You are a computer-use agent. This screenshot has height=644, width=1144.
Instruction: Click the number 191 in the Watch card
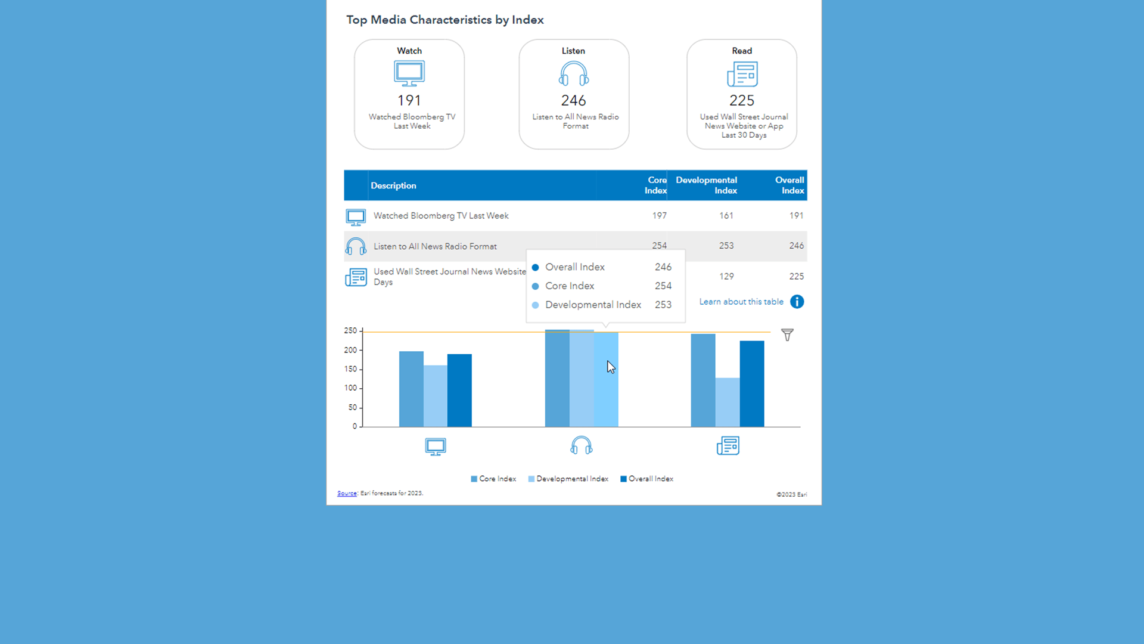[409, 100]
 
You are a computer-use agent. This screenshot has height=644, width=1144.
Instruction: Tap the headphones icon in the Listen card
[574, 74]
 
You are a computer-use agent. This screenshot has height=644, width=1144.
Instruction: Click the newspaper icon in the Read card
[742, 75]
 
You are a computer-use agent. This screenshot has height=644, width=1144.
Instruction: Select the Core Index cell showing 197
[659, 216]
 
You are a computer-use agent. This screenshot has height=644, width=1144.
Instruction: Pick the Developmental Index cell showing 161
[726, 216]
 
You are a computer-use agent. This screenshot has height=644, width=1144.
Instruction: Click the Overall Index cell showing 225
[796, 277]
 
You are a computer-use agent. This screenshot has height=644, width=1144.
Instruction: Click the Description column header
[393, 185]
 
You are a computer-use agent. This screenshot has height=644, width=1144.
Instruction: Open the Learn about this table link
[741, 302]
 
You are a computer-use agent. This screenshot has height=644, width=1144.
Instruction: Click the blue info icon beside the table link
[797, 302]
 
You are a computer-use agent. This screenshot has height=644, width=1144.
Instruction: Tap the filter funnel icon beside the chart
[787, 335]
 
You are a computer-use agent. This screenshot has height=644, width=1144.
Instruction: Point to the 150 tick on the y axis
[350, 369]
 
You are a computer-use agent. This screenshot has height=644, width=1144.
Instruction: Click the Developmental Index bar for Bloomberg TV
[435, 396]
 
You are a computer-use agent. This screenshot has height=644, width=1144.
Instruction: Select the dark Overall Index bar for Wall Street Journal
[751, 384]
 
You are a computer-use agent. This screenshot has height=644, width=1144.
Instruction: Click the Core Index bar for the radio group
[557, 378]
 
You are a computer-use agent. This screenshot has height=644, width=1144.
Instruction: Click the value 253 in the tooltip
[663, 305]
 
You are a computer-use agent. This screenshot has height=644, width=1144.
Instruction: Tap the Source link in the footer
[347, 493]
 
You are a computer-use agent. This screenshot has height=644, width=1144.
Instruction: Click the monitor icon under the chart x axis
[436, 447]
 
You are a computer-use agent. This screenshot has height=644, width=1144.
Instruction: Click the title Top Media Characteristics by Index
[444, 20]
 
